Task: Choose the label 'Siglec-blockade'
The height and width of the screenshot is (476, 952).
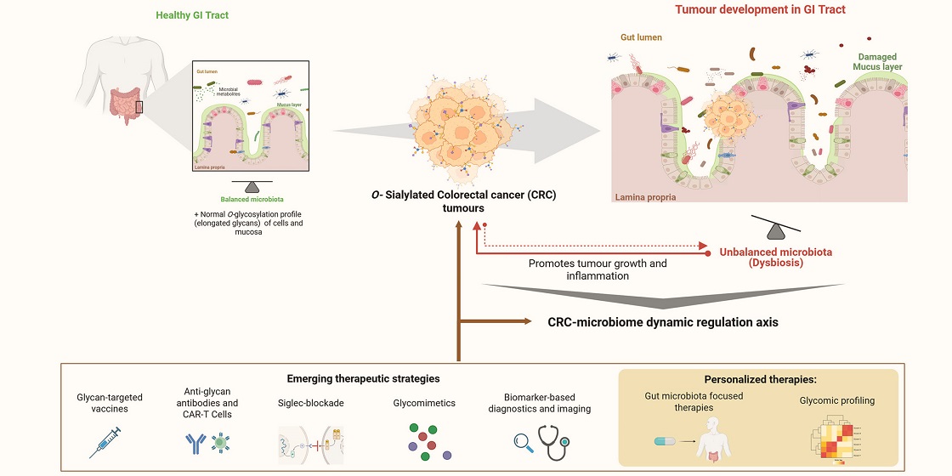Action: [311, 403]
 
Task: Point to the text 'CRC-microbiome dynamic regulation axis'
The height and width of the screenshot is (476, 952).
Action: [662, 322]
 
